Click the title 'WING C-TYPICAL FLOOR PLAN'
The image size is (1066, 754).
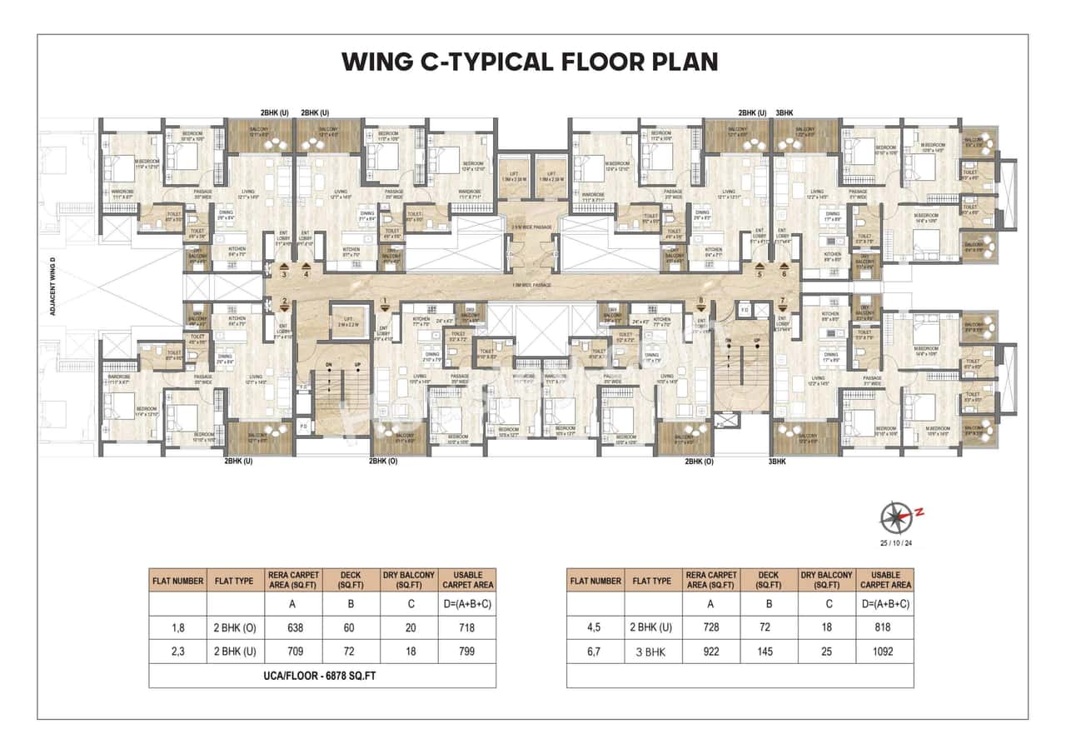[530, 62]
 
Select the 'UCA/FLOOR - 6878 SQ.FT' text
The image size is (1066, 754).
[321, 676]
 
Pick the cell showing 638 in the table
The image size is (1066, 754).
[294, 627]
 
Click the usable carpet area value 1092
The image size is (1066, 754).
[885, 652]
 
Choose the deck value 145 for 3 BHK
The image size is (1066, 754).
[769, 652]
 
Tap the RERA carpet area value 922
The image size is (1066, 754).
[711, 652]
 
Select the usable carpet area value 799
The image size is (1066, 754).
[467, 652]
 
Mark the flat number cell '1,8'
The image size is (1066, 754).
[177, 627]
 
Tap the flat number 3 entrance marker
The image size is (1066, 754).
[285, 272]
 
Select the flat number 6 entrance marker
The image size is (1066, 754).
[784, 272]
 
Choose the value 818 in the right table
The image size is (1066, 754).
[885, 627]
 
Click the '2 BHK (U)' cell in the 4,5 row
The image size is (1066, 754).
[652, 627]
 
